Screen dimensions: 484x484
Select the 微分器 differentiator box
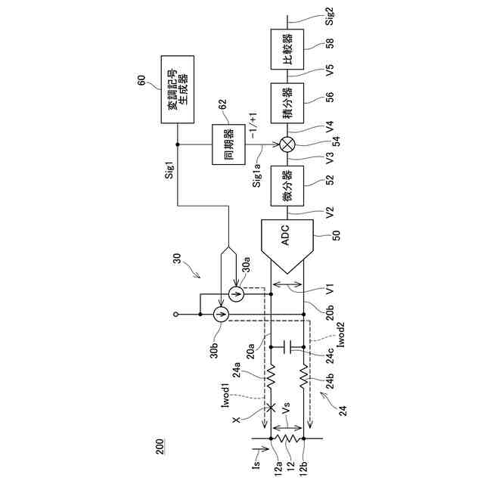click(287, 185)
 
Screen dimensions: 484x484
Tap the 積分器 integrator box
click(287, 103)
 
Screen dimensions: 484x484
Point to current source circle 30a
click(235, 293)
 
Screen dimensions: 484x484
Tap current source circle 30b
click(219, 313)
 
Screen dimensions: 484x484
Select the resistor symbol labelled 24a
click(271, 371)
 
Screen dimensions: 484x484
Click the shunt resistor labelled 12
click(287, 438)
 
